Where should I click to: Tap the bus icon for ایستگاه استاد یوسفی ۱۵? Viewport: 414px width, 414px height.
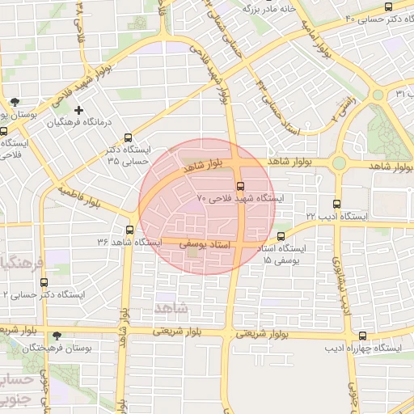[281, 237]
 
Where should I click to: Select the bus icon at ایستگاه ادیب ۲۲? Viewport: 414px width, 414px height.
[337, 205]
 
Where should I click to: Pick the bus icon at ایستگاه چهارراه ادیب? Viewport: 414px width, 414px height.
[361, 336]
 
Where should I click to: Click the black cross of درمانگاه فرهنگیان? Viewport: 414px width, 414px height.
[78, 110]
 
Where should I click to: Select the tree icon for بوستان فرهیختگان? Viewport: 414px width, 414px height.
[56, 336]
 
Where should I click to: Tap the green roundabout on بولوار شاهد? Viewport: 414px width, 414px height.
[338, 163]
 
